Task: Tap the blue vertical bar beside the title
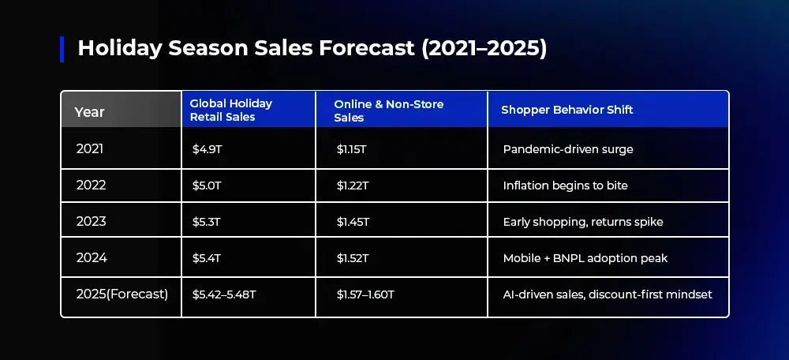click(62, 50)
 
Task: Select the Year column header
click(90, 112)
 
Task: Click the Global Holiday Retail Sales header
click(231, 111)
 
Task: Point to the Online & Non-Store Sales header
click(389, 111)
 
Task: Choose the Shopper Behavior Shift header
click(567, 110)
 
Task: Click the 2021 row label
click(90, 149)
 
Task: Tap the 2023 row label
click(91, 222)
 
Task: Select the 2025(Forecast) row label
click(122, 294)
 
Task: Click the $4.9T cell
click(207, 149)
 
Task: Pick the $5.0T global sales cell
click(207, 186)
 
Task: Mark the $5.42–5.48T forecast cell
click(224, 294)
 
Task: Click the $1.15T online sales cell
click(351, 149)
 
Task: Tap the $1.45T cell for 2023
click(353, 222)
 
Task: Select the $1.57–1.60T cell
click(365, 294)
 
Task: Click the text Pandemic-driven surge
click(568, 149)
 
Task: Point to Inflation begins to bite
click(566, 186)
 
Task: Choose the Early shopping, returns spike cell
click(583, 222)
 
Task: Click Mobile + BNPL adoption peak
click(585, 258)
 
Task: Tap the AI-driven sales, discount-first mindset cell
click(608, 294)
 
